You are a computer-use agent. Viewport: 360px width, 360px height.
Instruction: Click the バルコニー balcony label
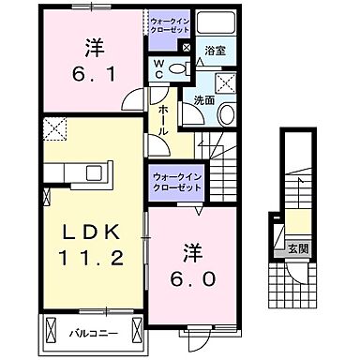click(x=91, y=331)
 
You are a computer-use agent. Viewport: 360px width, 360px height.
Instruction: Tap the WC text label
click(x=160, y=67)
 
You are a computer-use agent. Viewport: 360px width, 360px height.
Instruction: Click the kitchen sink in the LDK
click(x=69, y=172)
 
